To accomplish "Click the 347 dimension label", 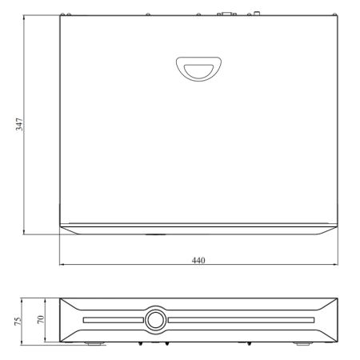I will click(18, 125).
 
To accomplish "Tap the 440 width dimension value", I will click(198, 261).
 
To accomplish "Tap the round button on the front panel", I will click(154, 319).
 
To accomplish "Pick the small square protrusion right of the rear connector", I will click(258, 13).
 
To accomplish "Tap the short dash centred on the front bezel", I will click(154, 234).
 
